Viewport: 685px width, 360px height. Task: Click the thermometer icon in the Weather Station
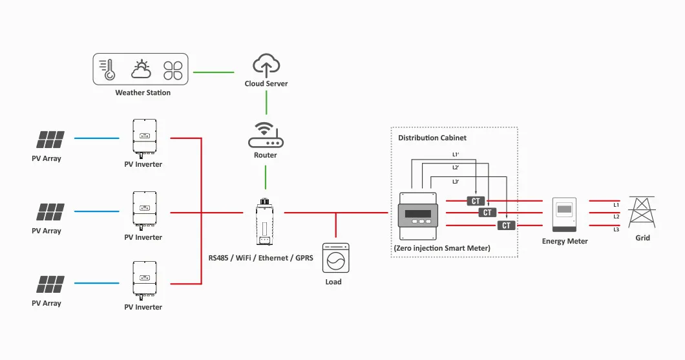107,69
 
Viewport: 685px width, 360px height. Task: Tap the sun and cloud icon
142,69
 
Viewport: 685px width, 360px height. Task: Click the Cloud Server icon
266,65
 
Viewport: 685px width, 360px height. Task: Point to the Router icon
266,136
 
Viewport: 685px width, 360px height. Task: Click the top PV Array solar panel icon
50,139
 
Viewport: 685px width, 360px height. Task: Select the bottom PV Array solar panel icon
50,284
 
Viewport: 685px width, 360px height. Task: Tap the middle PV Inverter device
143,210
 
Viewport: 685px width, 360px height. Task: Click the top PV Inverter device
143,138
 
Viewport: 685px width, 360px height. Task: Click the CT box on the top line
476,201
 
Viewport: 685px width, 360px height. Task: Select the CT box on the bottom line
506,225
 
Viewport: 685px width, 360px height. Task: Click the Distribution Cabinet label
432,138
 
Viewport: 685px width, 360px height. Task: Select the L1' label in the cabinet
456,154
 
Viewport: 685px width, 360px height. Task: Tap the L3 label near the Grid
616,229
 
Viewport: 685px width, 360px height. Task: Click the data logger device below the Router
264,223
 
